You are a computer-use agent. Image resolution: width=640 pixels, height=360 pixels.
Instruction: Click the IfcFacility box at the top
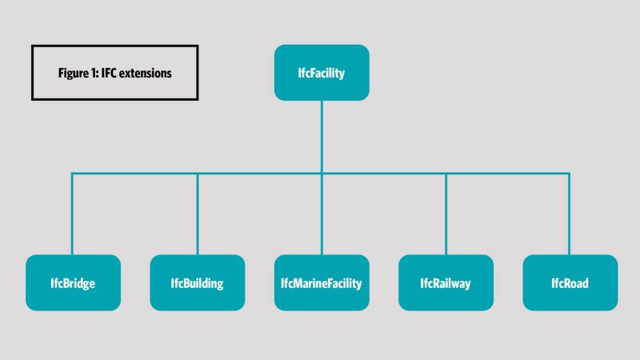[x=322, y=73]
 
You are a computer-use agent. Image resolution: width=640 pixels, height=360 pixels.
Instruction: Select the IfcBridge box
[x=73, y=282]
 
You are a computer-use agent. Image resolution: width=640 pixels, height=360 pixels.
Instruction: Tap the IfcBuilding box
[x=198, y=282]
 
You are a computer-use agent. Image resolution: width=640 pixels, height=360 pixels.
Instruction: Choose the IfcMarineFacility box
[x=322, y=282]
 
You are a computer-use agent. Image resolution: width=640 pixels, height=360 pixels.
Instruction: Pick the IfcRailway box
[x=446, y=282]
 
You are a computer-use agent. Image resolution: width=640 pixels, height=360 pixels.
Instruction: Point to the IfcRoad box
[x=570, y=282]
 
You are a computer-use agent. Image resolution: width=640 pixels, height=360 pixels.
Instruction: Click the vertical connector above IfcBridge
[x=72, y=214]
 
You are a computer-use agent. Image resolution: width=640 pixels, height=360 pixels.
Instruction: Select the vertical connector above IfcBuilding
[x=198, y=214]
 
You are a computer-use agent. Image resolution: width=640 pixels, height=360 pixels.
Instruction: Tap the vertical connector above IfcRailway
[x=446, y=214]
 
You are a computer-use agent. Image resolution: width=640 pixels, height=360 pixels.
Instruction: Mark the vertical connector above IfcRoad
[x=570, y=214]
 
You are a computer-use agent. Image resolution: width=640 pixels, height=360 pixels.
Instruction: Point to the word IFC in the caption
[x=109, y=73]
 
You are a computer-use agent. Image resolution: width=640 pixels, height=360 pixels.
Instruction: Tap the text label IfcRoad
[x=570, y=283]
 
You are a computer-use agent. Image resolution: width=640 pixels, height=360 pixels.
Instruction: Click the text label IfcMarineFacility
[x=322, y=284]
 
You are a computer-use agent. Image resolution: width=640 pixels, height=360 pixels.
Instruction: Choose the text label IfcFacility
[x=322, y=74]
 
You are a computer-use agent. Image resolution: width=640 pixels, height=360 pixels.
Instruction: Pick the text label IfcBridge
[x=73, y=284]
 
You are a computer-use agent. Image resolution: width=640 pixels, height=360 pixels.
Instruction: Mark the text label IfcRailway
[x=446, y=284]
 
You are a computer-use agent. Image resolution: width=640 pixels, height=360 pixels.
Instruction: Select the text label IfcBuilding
[x=197, y=284]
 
